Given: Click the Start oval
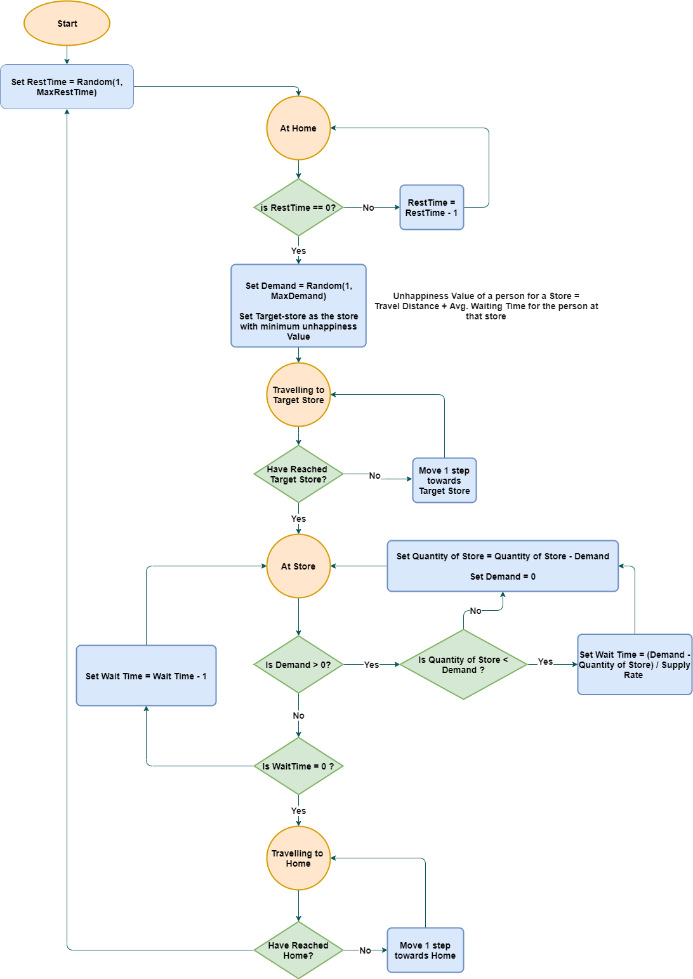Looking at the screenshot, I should pos(67,23).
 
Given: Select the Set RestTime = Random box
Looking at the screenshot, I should pos(67,87).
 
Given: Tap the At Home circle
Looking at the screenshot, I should pos(298,128).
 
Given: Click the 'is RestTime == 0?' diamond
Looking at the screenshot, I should pos(298,208).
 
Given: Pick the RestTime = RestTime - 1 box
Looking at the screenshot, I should pos(432,208).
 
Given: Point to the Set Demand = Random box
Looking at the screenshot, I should pos(298,306).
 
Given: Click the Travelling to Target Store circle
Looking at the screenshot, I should pos(298,395).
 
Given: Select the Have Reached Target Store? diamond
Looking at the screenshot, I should pos(298,474).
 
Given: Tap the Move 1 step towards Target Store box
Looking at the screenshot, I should pos(444,481).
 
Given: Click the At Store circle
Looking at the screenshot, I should pos(298,566).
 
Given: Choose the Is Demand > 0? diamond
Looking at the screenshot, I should pos(298,665).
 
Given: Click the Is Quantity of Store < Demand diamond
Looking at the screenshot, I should pos(463,665).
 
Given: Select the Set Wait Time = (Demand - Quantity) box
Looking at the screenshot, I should pos(634,665).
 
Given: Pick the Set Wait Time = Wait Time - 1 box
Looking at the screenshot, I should pos(146,676).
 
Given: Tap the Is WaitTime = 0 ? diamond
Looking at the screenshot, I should pos(298,766).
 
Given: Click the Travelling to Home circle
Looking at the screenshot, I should pos(298,858).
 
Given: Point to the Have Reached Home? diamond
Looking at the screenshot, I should pos(298,950).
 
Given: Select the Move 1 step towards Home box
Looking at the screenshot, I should pos(425,950).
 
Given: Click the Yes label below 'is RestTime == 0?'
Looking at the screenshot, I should pos(298,251).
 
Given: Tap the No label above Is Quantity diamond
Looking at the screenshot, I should pos(475,611).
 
